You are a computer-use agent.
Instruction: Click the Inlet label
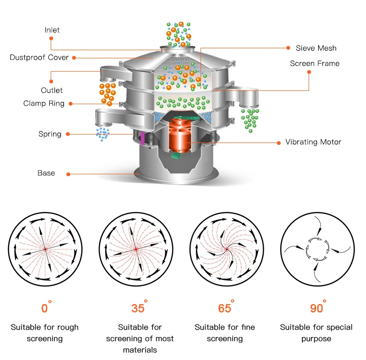tap(52, 30)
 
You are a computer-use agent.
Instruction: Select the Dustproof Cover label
tap(39, 57)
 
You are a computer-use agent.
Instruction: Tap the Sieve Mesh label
tap(316, 48)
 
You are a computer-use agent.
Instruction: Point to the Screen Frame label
tap(314, 63)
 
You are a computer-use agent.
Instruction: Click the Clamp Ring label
tap(44, 103)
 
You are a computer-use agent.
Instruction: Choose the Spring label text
tap(50, 134)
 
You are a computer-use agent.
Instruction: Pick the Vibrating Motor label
tap(313, 142)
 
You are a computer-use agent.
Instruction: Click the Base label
tap(46, 173)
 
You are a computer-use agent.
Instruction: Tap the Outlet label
tap(51, 90)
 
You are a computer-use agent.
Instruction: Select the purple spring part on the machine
tap(142, 137)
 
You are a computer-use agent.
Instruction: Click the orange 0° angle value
tap(45, 308)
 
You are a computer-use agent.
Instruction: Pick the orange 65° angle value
tap(225, 308)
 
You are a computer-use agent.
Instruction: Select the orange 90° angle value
tap(317, 308)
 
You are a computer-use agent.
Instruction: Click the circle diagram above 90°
tap(316, 250)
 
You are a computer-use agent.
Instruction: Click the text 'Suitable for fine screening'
tap(225, 333)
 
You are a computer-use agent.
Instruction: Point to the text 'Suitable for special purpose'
tap(316, 333)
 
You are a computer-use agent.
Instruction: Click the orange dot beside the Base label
tap(68, 174)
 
